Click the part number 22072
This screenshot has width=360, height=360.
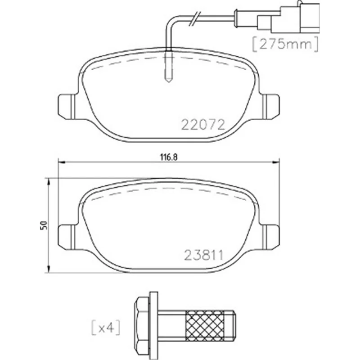tap(203, 125)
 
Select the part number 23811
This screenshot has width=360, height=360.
tap(204, 255)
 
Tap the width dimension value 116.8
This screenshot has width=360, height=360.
tap(169, 157)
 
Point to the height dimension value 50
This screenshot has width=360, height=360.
tap(44, 225)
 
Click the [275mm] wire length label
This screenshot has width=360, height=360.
tap(285, 44)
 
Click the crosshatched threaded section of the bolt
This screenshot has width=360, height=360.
tap(205, 325)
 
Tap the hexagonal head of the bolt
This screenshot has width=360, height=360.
tap(142, 325)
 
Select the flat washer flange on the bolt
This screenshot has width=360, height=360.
tap(153, 325)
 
